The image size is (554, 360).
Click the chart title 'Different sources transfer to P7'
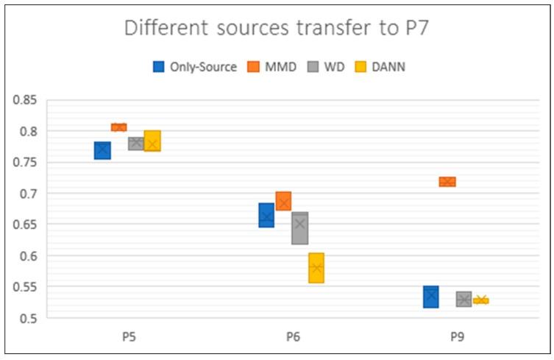(277, 29)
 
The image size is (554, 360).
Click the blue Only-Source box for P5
(102, 150)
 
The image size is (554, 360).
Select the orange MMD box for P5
(118, 127)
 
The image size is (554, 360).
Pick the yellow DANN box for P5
(152, 141)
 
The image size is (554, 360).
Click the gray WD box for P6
(300, 228)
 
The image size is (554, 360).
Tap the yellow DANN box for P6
(316, 268)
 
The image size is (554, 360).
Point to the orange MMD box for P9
(447, 182)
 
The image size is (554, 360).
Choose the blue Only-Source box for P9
(430, 297)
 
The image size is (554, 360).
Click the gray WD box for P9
(464, 300)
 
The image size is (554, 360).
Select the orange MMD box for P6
(283, 201)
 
